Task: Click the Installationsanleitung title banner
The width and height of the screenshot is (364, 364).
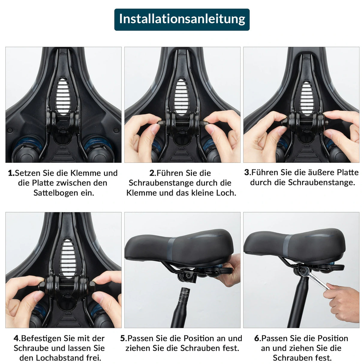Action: tap(182, 19)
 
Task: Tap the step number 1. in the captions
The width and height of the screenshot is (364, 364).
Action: tap(11, 173)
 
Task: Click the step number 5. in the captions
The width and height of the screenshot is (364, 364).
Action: tap(123, 338)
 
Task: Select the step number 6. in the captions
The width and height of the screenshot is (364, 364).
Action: tap(257, 338)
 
